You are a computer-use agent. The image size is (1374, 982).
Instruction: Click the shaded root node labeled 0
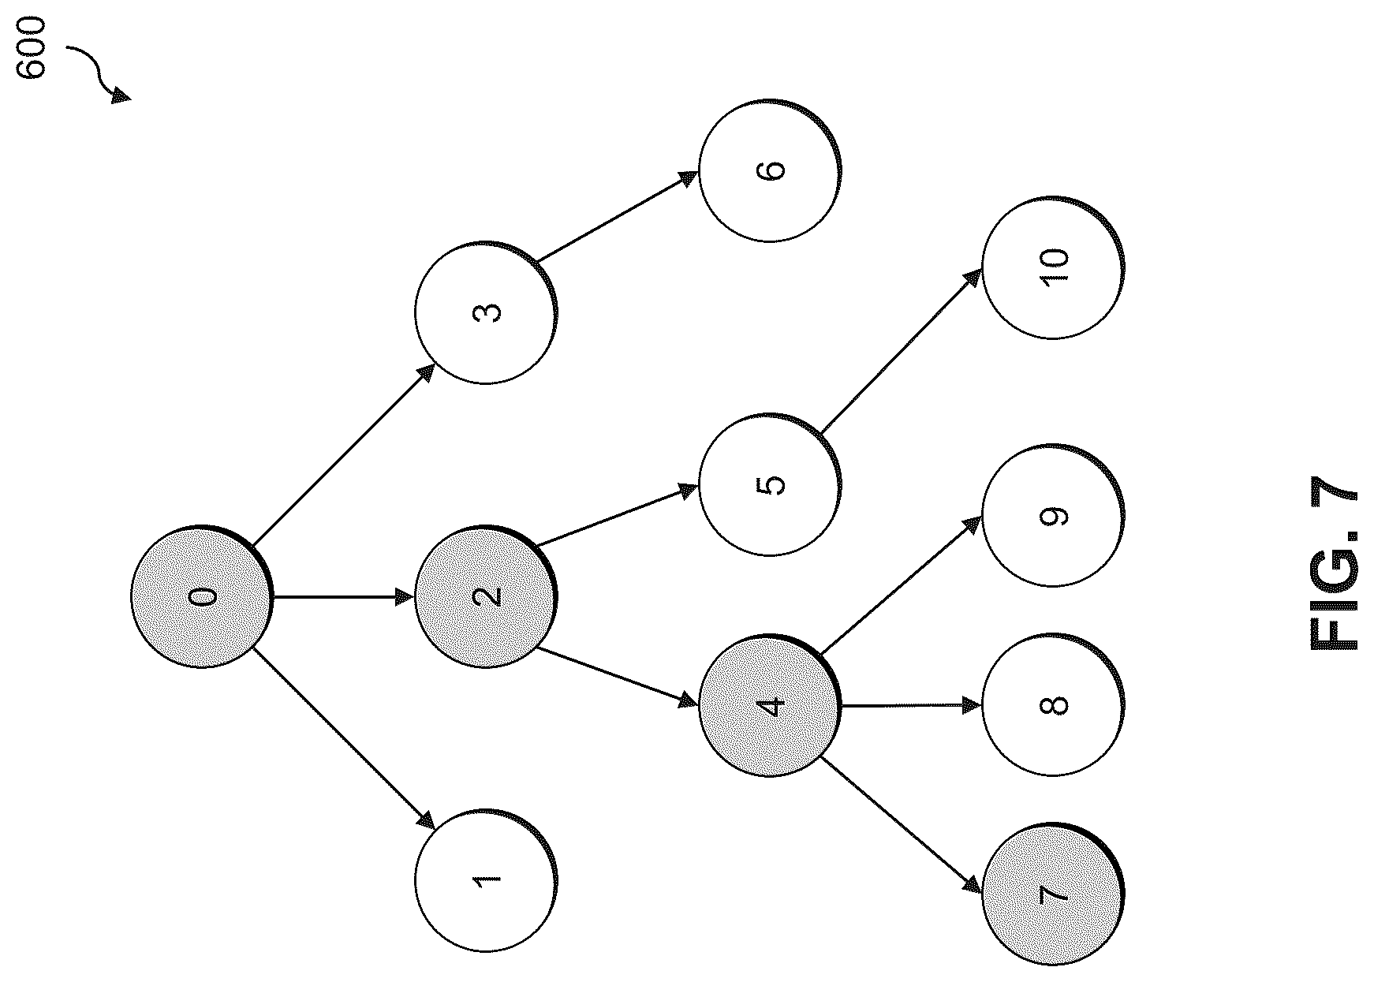[x=202, y=596]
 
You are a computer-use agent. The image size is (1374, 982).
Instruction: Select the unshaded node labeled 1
[x=486, y=880]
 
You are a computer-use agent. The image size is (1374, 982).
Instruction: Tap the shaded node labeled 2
[x=486, y=596]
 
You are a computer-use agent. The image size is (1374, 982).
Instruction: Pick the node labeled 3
[x=486, y=312]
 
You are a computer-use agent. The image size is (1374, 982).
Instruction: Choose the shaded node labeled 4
[x=770, y=705]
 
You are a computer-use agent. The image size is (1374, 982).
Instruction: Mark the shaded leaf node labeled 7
[x=1054, y=894]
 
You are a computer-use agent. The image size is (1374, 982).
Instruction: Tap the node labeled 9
[x=1054, y=516]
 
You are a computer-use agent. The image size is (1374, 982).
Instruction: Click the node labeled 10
[x=1054, y=267]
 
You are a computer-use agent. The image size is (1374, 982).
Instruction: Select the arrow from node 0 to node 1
[x=344, y=738]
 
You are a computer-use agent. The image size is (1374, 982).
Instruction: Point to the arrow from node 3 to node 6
[x=618, y=215]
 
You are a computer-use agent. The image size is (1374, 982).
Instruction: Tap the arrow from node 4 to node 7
[x=902, y=824]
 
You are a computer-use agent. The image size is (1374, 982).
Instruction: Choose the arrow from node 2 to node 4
[x=618, y=676]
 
